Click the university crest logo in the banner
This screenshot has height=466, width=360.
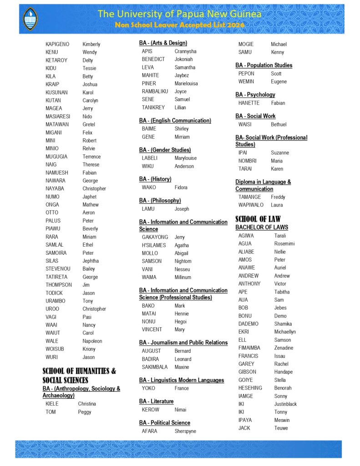[30, 18]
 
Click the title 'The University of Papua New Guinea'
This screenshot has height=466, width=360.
[179, 14]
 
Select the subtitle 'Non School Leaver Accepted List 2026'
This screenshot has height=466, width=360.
[179, 25]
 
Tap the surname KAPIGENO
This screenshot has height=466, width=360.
[57, 44]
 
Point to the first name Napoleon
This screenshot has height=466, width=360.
[92, 341]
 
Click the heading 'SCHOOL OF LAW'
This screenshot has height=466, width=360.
[258, 219]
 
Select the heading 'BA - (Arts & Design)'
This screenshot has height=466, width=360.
[163, 43]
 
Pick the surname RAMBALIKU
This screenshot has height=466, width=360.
[155, 91]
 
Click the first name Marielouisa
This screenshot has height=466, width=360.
[186, 83]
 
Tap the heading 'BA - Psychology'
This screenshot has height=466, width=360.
[255, 95]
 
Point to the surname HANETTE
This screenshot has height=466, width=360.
[249, 103]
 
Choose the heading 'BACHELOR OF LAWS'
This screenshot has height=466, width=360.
[262, 227]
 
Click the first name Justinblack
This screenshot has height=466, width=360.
[285, 404]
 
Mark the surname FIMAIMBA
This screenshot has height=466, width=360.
[249, 348]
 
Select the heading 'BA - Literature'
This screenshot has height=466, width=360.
[156, 401]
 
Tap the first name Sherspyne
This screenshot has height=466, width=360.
[185, 431]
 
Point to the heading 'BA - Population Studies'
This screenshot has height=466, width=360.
[264, 65]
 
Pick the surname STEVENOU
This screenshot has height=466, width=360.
[58, 269]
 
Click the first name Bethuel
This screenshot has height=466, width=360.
[279, 124]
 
